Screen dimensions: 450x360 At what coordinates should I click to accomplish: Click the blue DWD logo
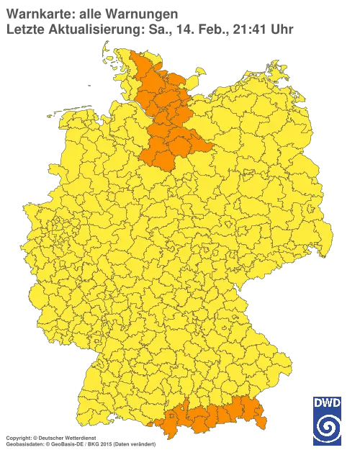[328, 420]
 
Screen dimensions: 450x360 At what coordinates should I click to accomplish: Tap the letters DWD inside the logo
[328, 403]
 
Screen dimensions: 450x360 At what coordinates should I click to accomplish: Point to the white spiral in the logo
[328, 429]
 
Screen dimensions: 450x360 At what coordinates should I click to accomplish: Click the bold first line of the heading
[90, 13]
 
